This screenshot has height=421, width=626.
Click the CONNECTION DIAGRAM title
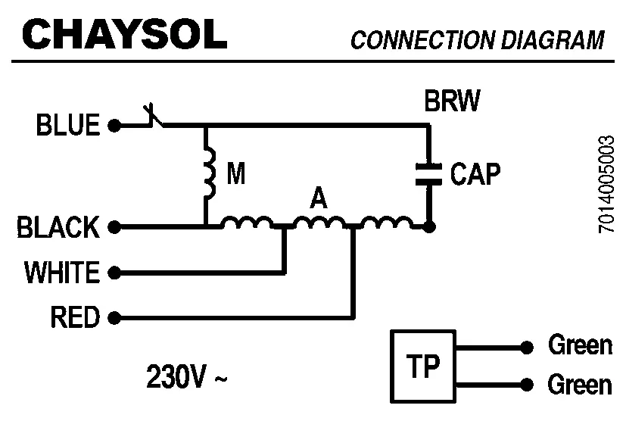477,40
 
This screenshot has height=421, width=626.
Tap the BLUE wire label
68,126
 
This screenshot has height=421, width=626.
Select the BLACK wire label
58,227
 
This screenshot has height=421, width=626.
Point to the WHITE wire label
62,272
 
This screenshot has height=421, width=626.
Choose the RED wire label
75,317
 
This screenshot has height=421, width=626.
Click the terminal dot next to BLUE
114,126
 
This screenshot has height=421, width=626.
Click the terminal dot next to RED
114,317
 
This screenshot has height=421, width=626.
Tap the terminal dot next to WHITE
114,271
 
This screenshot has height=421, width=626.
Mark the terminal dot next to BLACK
114,226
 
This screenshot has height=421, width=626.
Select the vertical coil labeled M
208,174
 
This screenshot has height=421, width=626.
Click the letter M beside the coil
236,175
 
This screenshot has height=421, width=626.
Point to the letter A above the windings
319,199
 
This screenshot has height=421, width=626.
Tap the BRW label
451,101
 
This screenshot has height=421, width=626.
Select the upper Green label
579,346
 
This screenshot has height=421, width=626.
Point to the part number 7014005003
606,185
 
